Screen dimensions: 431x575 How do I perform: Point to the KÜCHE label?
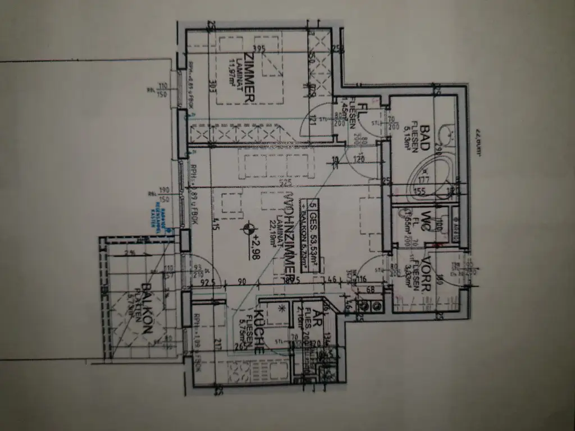click(259, 332)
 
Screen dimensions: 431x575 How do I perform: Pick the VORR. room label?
click(426, 273)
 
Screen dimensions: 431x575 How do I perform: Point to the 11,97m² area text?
click(230, 72)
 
